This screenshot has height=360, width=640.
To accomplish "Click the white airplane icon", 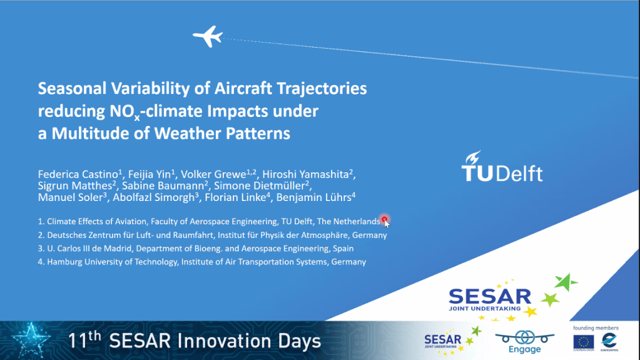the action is [x=208, y=36].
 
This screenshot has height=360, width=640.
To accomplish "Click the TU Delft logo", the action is [x=502, y=167].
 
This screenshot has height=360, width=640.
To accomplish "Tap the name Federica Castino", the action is [x=78, y=175].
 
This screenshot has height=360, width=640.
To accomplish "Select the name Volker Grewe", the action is [x=213, y=175].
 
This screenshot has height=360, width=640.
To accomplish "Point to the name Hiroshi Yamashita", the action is [x=305, y=175].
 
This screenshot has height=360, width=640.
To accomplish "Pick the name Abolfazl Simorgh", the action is [x=153, y=197].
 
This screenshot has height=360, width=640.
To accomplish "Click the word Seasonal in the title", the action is [x=72, y=88].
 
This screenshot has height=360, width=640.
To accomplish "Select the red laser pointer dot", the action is [x=384, y=220].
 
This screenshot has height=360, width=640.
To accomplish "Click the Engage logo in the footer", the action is [x=525, y=342].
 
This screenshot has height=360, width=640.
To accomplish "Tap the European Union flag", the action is [x=584, y=342].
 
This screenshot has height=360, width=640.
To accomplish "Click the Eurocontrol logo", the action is [x=609, y=342].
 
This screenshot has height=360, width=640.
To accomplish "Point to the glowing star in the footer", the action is [x=31, y=340].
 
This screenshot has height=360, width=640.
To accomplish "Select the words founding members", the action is [x=596, y=327].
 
